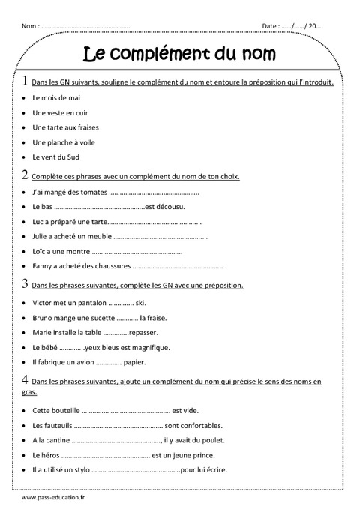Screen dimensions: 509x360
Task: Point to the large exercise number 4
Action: pos(25,380)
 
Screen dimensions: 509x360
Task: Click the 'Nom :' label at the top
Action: pos(31,26)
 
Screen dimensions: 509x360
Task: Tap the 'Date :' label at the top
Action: pos(271,26)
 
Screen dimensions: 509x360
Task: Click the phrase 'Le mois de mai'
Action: pos(56,98)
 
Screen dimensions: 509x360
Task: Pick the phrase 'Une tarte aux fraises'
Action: pos(66,127)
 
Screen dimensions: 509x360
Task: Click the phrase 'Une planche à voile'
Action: pos(64,142)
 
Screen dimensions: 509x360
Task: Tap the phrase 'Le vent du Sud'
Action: pos(56,157)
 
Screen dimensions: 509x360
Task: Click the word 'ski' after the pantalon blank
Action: pos(140,304)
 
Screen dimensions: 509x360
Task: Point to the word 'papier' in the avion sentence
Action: pos(134,362)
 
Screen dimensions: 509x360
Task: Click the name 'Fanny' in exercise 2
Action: pos(43,266)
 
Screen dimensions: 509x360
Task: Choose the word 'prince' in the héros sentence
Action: pos(205,455)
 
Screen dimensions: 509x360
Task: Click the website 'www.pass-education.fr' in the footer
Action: pos(53,497)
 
